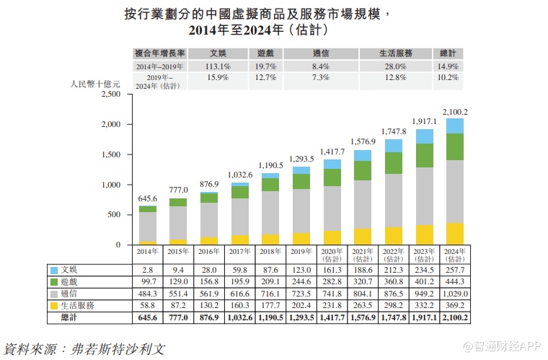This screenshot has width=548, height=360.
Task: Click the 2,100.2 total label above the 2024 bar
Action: pyautogui.click(x=454, y=112)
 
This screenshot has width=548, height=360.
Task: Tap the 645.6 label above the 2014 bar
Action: pyautogui.click(x=148, y=198)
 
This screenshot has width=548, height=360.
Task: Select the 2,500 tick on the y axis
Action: pyautogui.click(x=110, y=95)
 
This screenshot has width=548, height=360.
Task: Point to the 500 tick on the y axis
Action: pyautogui.click(x=114, y=215)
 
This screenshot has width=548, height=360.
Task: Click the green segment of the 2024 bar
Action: pyautogui.click(x=455, y=146)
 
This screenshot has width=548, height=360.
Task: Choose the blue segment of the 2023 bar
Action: pyautogui.click(x=425, y=136)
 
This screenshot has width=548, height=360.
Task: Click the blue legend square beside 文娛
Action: pyautogui.click(x=53, y=270)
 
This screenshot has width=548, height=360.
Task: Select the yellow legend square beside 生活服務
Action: pyautogui.click(x=53, y=306)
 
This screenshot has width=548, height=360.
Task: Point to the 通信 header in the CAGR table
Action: pyautogui.click(x=321, y=53)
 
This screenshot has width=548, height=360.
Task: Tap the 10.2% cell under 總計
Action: pyautogui.click(x=448, y=78)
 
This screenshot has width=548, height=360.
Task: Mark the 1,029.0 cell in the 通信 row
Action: pyautogui.click(x=455, y=294)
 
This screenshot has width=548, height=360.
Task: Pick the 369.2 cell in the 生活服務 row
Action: pyautogui.click(x=455, y=306)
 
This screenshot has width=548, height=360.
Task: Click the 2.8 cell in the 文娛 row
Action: pyautogui.click(x=148, y=270)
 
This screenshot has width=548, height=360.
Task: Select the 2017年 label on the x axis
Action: pyautogui.click(x=240, y=251)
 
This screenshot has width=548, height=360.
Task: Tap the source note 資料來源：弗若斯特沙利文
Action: pyautogui.click(x=85, y=348)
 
